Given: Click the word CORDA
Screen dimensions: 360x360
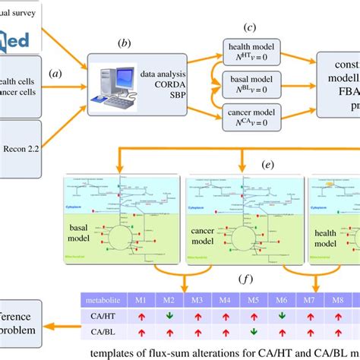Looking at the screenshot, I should (x=156, y=84).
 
